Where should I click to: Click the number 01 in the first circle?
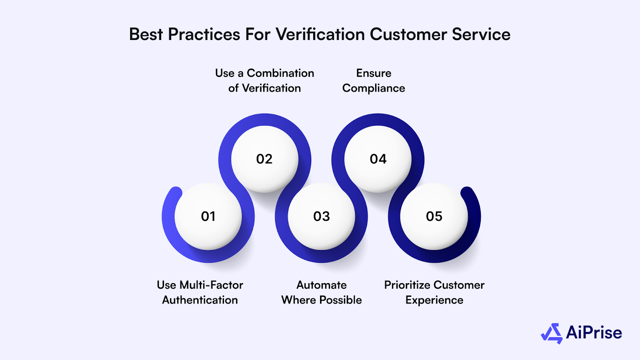point(208,216)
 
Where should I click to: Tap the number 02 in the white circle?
point(264,159)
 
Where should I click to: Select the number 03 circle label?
point(322,216)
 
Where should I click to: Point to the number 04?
point(378,159)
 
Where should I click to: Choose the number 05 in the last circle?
point(434,216)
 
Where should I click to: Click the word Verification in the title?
point(320,34)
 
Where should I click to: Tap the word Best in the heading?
point(146,34)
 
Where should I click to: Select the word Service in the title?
point(481,34)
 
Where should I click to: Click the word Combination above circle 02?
point(280,73)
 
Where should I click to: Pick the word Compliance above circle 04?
point(374,88)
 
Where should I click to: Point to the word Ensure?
point(374,73)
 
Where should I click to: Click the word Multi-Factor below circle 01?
point(211,285)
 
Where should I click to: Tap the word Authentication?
point(200,300)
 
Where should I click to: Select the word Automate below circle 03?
point(322,285)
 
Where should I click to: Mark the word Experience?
point(434,300)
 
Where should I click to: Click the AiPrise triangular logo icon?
point(552,333)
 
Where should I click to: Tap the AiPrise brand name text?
point(594,333)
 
